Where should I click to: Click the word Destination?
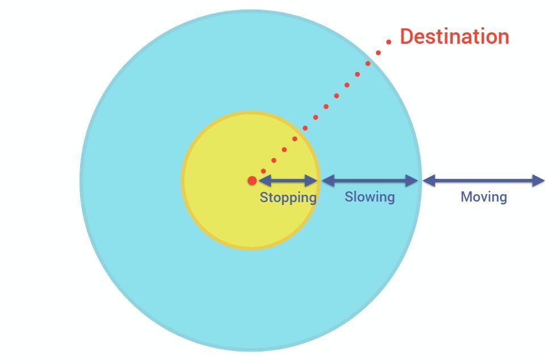pyautogui.click(x=454, y=36)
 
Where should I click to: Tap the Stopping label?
pyautogui.click(x=288, y=198)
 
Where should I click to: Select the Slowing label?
pyautogui.click(x=369, y=197)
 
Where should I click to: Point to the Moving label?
pyautogui.click(x=483, y=197)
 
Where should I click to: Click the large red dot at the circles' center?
pyautogui.click(x=252, y=181)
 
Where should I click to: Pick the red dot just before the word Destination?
pyautogui.click(x=389, y=41)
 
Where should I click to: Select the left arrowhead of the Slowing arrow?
pyautogui.click(x=327, y=181)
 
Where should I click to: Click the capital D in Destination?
pyautogui.click(x=407, y=36)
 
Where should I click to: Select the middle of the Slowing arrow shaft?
pyautogui.click(x=370, y=181)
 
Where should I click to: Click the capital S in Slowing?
pyautogui.click(x=348, y=197)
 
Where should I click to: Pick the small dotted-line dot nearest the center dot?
pyautogui.click(x=263, y=171)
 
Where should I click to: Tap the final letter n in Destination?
pyautogui.click(x=503, y=37)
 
